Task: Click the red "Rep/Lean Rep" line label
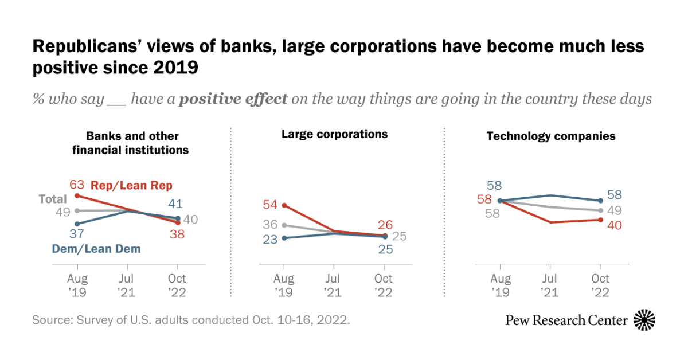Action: (132, 185)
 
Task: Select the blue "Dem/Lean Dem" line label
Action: (96, 249)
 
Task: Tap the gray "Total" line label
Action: (53, 199)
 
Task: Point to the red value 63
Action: (77, 185)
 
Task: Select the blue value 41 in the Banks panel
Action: (177, 203)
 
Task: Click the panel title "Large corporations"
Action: (335, 134)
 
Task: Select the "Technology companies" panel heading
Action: (551, 136)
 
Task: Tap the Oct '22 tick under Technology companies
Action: (600, 285)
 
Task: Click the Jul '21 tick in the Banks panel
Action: (127, 285)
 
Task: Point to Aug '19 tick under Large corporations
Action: (284, 285)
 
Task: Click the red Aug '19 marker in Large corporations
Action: (284, 205)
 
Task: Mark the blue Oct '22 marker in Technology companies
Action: (600, 201)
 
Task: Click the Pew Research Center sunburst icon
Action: (644, 320)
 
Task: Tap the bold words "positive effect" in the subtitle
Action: (233, 99)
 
